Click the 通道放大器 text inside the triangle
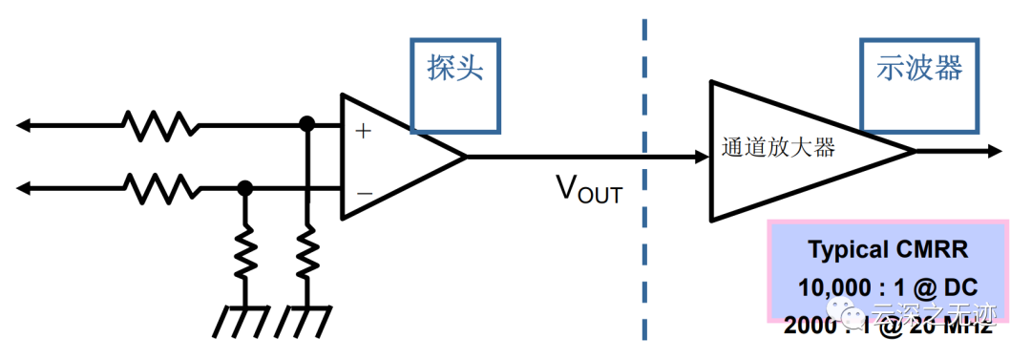pyautogui.click(x=779, y=148)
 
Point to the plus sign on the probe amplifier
pyautogui.click(x=363, y=131)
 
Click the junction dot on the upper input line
pyautogui.click(x=306, y=123)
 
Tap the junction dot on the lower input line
pyautogui.click(x=245, y=188)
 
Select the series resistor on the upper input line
pyautogui.click(x=160, y=123)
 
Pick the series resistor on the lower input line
pyautogui.click(x=160, y=188)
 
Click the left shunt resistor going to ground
pyautogui.click(x=245, y=250)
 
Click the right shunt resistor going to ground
pyautogui.click(x=306, y=250)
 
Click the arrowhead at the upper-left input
pyautogui.click(x=24, y=123)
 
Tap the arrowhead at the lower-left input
pyautogui.click(x=24, y=188)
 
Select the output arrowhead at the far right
pyautogui.click(x=993, y=151)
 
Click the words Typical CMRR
pyautogui.click(x=888, y=250)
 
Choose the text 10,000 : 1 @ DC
pyautogui.click(x=888, y=286)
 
